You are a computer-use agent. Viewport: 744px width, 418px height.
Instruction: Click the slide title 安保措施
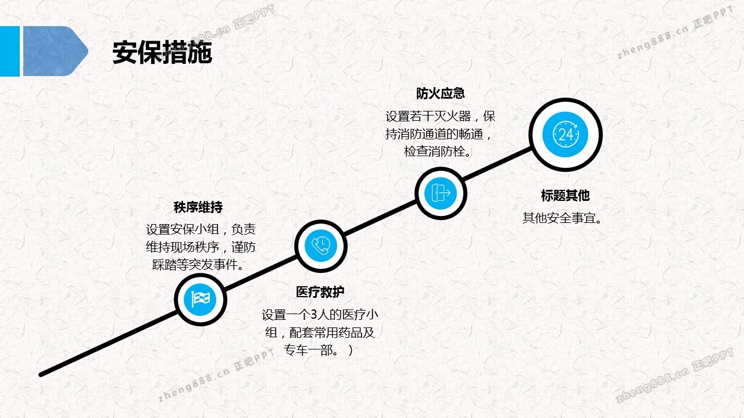point(162,53)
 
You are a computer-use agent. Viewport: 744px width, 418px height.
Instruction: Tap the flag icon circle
point(201,300)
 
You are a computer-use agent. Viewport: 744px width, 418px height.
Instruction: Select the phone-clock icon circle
point(321,246)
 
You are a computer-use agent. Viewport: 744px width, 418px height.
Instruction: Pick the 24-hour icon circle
point(565,135)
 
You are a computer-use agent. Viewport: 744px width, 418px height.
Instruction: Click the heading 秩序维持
point(198,207)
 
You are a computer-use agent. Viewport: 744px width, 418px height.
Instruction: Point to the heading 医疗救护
point(320,292)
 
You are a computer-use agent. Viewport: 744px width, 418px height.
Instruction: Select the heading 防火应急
point(440,93)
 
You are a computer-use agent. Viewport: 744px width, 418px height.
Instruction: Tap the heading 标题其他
point(565,196)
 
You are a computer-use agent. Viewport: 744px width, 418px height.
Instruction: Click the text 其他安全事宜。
point(562,218)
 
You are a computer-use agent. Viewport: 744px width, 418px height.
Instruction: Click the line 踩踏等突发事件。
point(197,265)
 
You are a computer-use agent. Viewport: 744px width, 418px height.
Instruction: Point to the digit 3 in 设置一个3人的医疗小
point(314,315)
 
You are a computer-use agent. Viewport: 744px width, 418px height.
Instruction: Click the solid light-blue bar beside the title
point(9,51)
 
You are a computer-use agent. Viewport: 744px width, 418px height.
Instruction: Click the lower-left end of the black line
point(41,374)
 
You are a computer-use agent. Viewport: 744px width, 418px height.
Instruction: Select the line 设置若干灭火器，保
point(440,116)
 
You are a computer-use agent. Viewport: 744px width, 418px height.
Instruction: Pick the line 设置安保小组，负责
point(200,229)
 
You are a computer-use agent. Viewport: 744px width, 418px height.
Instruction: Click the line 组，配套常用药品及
point(320,333)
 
